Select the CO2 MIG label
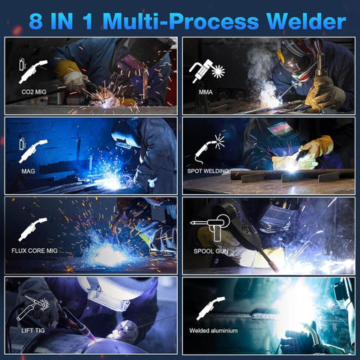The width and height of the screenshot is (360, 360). (34, 92)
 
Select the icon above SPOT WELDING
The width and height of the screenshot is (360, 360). (210, 147)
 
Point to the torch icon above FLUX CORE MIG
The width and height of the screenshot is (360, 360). (33, 229)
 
